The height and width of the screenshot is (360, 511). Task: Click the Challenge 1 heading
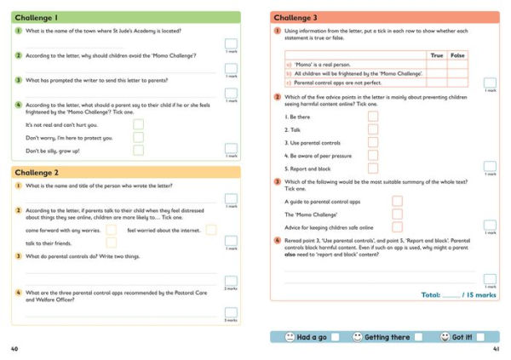pos(37,17)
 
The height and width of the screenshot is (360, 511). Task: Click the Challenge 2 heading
pos(37,172)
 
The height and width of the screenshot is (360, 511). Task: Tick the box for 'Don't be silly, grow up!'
pos(138,151)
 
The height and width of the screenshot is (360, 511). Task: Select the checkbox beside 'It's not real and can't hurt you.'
pos(138,124)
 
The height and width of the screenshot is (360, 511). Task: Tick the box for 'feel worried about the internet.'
pos(211,230)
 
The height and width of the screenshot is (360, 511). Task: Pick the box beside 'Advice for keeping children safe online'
pos(397,227)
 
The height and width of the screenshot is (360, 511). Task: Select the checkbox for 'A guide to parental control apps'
pos(397,202)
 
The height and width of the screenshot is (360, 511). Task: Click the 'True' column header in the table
pos(437,54)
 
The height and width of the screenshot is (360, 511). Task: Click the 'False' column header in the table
pos(458,54)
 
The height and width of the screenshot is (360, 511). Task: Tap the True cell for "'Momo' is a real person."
pos(437,64)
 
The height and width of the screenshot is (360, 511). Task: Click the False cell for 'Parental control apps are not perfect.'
pos(458,82)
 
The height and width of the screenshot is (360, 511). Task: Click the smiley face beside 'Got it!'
pos(444,337)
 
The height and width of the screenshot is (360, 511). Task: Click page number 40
pos(14,350)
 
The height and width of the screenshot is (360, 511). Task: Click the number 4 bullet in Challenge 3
pos(278,241)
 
